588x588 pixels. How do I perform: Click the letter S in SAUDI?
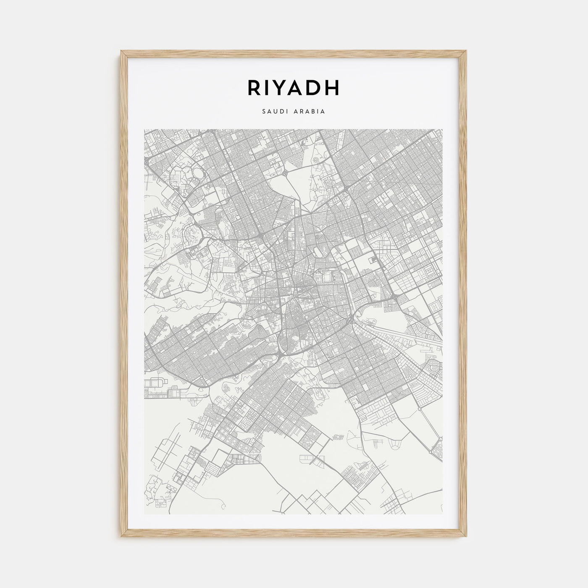tap(263, 112)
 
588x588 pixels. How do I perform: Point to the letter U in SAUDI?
tap(273, 112)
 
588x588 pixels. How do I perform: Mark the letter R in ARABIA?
tap(303, 112)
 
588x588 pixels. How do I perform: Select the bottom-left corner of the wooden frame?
tap(121, 538)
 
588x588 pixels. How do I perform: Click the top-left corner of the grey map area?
tap(144, 129)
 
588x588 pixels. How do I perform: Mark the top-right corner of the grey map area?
tap(443, 129)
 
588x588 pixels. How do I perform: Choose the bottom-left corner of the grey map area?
tap(144, 514)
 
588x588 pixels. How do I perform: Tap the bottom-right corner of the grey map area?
tap(443, 514)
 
